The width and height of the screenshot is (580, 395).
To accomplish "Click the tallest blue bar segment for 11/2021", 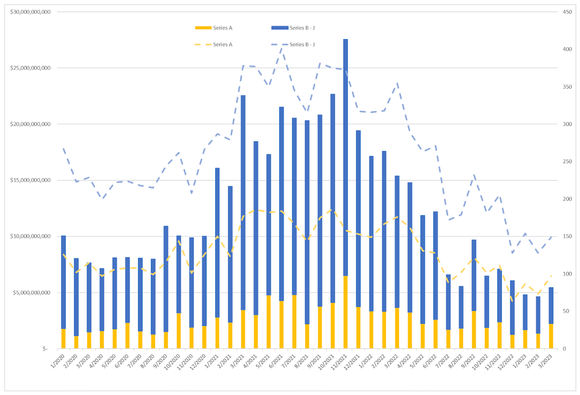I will coord(346,155).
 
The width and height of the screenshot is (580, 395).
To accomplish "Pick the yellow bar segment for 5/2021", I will coord(269,322).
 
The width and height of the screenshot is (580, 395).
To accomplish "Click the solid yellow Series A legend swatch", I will coord(203,27).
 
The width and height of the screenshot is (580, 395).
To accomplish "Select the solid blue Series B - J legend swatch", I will coord(280,27).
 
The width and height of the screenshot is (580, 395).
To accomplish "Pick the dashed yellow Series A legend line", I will coord(203,44).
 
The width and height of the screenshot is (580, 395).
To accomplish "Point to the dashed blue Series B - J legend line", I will coord(280,44).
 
